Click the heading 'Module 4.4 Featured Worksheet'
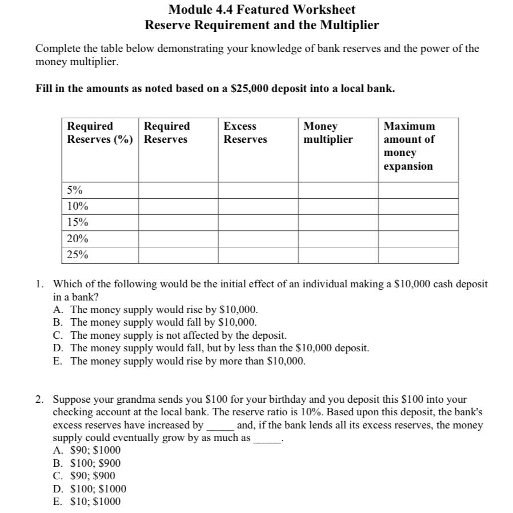point(262,10)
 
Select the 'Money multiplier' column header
point(328,133)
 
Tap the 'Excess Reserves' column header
point(245,133)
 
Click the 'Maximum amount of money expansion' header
point(409,146)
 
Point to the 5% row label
point(74,190)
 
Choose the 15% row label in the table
point(77,222)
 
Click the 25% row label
point(77,255)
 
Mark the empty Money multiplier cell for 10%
point(338,206)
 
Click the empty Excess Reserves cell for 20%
point(258,239)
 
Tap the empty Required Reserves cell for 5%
point(178,190)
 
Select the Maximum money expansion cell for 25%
point(418,255)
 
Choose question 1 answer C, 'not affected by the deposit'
point(178,335)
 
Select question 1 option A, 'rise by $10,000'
point(164,310)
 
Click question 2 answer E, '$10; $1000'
point(95,502)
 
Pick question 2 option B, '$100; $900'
point(95,463)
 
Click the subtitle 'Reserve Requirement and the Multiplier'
point(262,26)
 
